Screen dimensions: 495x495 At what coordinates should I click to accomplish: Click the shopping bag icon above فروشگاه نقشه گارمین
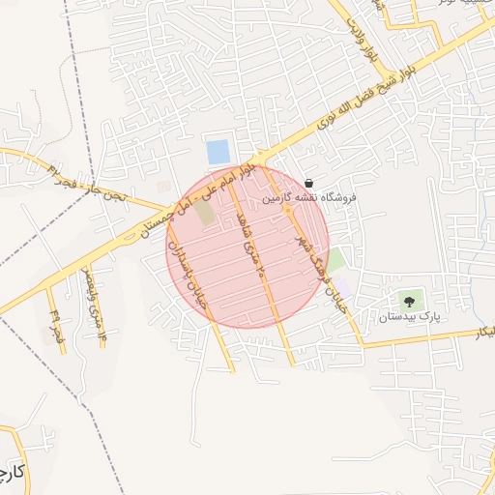point(308,183)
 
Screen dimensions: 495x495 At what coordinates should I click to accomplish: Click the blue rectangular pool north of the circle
point(218,152)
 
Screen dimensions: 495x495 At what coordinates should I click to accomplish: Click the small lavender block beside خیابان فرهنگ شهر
point(344,285)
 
